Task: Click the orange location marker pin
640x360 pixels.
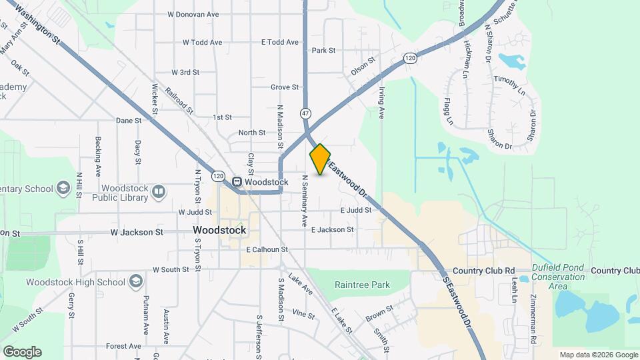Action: pyautogui.click(x=320, y=159)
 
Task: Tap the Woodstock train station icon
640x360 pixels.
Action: pyautogui.click(x=237, y=182)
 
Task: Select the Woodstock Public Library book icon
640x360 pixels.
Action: pyautogui.click(x=159, y=193)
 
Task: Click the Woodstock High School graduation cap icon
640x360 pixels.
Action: pyautogui.click(x=136, y=281)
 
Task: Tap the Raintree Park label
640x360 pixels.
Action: pyautogui.click(x=361, y=285)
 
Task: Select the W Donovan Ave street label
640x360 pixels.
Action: pyautogui.click(x=193, y=13)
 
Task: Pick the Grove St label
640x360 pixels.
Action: pyautogui.click(x=285, y=87)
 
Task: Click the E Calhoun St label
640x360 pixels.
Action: pyautogui.click(x=266, y=249)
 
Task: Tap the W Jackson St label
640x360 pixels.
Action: pyautogui.click(x=137, y=232)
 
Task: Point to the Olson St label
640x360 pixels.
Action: pyautogui.click(x=363, y=66)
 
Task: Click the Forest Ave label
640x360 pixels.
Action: pyautogui.click(x=123, y=346)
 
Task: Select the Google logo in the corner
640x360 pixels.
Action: pyautogui.click(x=22, y=352)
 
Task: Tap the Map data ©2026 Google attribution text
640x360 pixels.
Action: pyautogui.click(x=598, y=355)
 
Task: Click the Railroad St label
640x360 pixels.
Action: pyautogui.click(x=179, y=101)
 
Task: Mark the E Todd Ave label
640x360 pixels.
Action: pyautogui.click(x=280, y=42)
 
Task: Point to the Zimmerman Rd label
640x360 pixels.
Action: pyautogui.click(x=534, y=321)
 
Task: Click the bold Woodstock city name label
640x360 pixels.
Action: pyautogui.click(x=219, y=230)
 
